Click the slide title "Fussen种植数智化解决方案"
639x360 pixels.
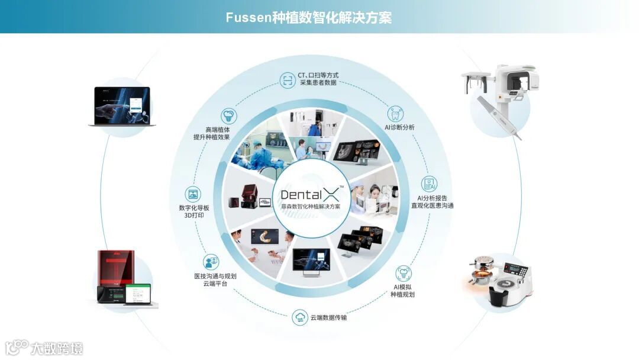(308, 17)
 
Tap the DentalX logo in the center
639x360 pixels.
(310, 194)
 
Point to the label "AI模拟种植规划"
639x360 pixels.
(403, 291)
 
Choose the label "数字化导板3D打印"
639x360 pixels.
(193, 211)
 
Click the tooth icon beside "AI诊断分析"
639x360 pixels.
(395, 113)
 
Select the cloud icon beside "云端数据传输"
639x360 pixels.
(300, 318)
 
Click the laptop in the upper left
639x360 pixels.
(122, 107)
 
